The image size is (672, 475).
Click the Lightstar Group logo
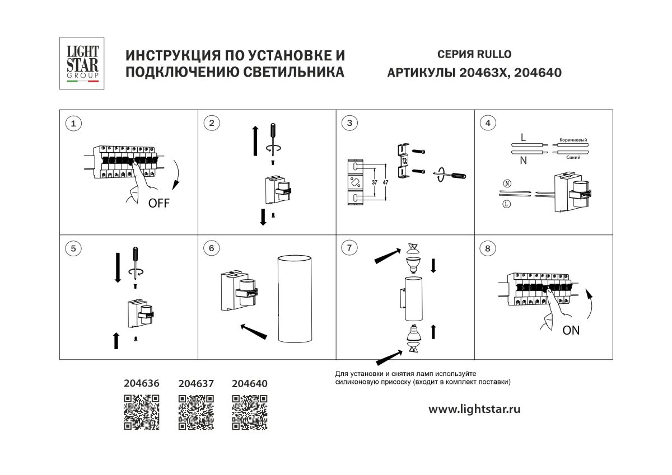click(82, 63)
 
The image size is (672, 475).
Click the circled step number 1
click(72, 124)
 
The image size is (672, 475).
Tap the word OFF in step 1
click(158, 203)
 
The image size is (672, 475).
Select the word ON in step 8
click(571, 331)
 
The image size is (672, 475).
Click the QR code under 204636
click(142, 412)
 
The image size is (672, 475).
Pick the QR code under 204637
click(196, 412)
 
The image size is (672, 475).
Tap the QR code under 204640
click(250, 412)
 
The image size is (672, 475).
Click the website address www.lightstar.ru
click(474, 409)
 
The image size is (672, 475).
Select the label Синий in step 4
click(572, 158)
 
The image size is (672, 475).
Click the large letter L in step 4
click(523, 137)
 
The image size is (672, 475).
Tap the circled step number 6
click(211, 248)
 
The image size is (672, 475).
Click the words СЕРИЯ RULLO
click(474, 54)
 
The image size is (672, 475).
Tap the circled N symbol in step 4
click(507, 183)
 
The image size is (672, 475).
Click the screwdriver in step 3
click(454, 175)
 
